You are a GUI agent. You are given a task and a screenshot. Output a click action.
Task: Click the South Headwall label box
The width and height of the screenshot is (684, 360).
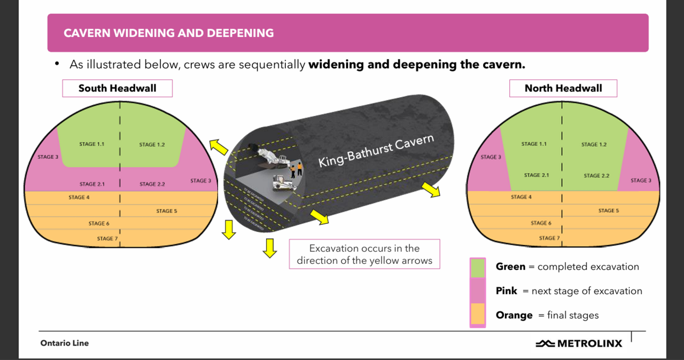pyautogui.click(x=117, y=88)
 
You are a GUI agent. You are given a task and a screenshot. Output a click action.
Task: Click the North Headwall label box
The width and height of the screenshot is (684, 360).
pyautogui.click(x=563, y=88)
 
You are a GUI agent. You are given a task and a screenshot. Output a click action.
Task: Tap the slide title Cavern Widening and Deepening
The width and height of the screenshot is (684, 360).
pyautogui.click(x=168, y=33)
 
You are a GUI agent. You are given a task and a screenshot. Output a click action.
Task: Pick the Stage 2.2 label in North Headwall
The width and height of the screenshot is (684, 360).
pyautogui.click(x=595, y=175)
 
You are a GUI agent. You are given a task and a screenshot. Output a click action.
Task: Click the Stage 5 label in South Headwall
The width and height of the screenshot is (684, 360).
pyautogui.click(x=166, y=211)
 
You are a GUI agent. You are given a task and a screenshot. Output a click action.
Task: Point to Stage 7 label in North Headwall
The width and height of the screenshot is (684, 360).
pyautogui.click(x=549, y=238)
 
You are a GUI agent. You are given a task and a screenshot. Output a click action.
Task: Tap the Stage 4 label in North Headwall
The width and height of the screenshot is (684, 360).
pyautogui.click(x=521, y=197)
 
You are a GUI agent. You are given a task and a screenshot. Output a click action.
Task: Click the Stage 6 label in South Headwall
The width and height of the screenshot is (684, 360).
pyautogui.click(x=99, y=223)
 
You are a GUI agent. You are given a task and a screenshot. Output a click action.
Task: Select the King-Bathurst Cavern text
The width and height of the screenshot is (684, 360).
pyautogui.click(x=376, y=151)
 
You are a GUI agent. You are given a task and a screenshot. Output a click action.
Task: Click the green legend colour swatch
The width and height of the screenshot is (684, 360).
pyautogui.click(x=478, y=268)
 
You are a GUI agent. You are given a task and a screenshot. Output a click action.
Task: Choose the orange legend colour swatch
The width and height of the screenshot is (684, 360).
pyautogui.click(x=478, y=315)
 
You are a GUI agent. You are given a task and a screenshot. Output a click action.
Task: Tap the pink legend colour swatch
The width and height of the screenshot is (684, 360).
pyautogui.click(x=478, y=291)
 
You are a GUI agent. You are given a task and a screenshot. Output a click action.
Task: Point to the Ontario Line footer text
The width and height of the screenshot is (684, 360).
pyautogui.click(x=64, y=343)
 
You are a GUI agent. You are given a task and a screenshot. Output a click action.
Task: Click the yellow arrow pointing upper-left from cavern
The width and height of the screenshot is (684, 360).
pyautogui.click(x=219, y=146)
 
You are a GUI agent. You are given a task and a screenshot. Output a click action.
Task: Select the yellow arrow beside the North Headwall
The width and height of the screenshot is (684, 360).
pyautogui.click(x=430, y=189)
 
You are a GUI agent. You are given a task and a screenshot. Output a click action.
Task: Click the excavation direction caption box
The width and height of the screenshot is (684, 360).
pyautogui.click(x=364, y=254)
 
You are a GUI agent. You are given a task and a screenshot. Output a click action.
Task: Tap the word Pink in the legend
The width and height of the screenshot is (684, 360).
pyautogui.click(x=506, y=291)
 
